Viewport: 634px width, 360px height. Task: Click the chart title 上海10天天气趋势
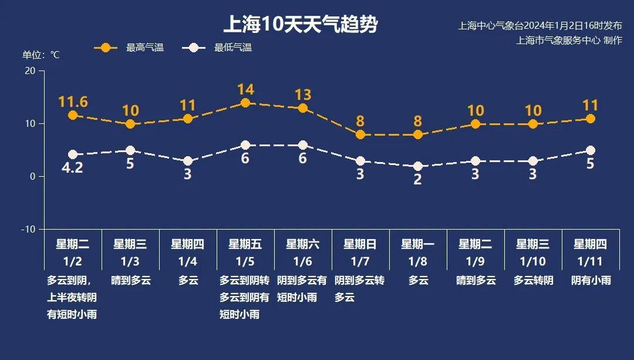(x=300, y=25)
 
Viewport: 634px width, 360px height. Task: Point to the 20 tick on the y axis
(x=29, y=70)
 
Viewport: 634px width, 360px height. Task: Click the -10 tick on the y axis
(x=28, y=229)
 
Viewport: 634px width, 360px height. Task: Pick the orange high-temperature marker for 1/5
(x=245, y=103)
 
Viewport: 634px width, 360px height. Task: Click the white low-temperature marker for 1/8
(x=418, y=166)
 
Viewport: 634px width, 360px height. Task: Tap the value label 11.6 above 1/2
(x=73, y=102)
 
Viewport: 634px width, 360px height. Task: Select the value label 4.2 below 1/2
(x=73, y=168)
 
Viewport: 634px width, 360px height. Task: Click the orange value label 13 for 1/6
(x=303, y=95)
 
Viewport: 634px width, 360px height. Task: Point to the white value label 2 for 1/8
(x=418, y=180)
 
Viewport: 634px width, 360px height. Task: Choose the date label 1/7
(x=360, y=261)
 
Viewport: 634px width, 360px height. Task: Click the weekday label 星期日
(x=360, y=244)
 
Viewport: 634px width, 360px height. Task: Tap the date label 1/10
(x=533, y=261)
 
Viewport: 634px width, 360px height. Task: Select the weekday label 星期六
(x=303, y=244)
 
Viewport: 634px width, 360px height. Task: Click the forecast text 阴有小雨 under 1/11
(x=591, y=280)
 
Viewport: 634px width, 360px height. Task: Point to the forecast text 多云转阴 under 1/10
(x=533, y=280)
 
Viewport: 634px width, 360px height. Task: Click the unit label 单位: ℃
(x=41, y=55)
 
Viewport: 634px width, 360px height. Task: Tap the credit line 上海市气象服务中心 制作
(x=569, y=40)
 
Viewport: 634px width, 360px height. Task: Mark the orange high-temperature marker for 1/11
(x=591, y=119)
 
